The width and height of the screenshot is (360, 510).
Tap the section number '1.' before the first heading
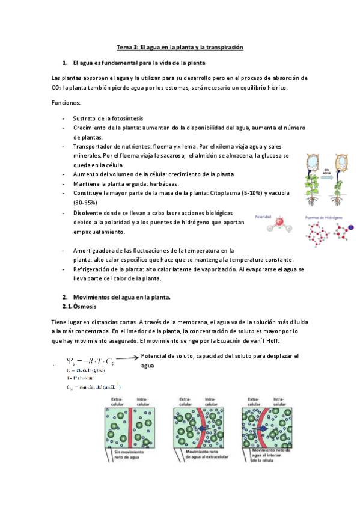66,63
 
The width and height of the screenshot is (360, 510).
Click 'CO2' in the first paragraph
58,88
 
